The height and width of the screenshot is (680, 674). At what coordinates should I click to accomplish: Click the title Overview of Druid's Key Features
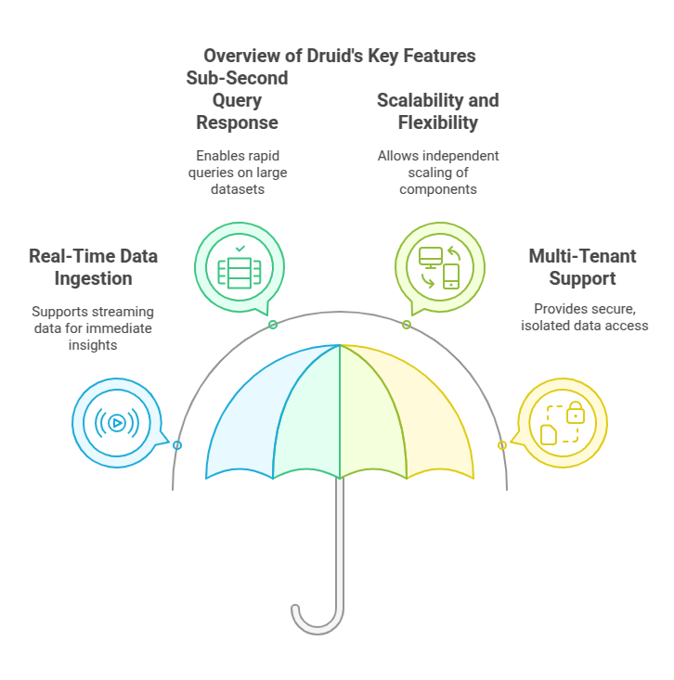point(339,56)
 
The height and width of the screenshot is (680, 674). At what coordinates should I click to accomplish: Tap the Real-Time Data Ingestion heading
point(93,267)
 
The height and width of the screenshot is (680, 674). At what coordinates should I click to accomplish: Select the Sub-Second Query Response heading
point(237,100)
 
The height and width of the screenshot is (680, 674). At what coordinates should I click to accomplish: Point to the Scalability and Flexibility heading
point(437,111)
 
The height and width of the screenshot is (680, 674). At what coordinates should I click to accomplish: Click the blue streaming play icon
point(117,423)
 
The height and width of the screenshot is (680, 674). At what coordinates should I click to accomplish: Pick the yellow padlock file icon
point(562,423)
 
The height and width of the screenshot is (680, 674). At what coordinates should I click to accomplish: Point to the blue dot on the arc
point(177,445)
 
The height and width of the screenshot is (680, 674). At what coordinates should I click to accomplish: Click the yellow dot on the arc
point(502,445)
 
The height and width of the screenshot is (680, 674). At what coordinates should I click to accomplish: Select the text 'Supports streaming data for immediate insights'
point(93,327)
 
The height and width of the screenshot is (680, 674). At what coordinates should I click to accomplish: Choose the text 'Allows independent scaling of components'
point(438,173)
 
